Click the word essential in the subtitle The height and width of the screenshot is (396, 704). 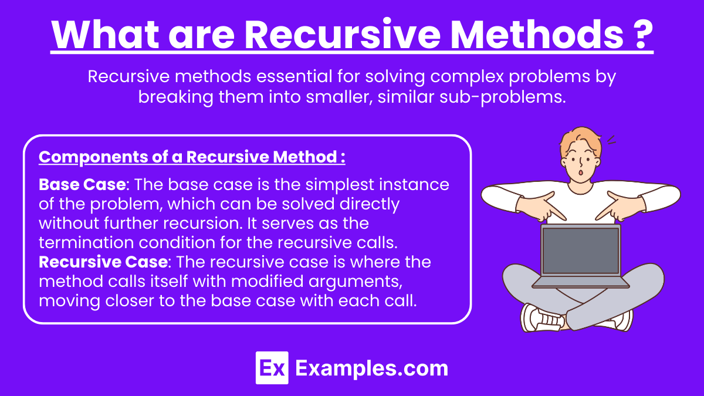pos(294,76)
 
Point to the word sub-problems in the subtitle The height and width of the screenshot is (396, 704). pos(503,97)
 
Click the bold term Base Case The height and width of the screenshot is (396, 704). pos(82,184)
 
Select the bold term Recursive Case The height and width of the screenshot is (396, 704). pos(103,262)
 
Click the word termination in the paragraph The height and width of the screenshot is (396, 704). pos(86,243)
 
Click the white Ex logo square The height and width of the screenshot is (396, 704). pos(272,368)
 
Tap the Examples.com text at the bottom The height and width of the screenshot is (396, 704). pos(372,368)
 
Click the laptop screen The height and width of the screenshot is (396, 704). pos(580,251)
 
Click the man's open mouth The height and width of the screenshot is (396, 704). pos(581,173)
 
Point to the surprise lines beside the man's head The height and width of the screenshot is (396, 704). pos(611,140)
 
